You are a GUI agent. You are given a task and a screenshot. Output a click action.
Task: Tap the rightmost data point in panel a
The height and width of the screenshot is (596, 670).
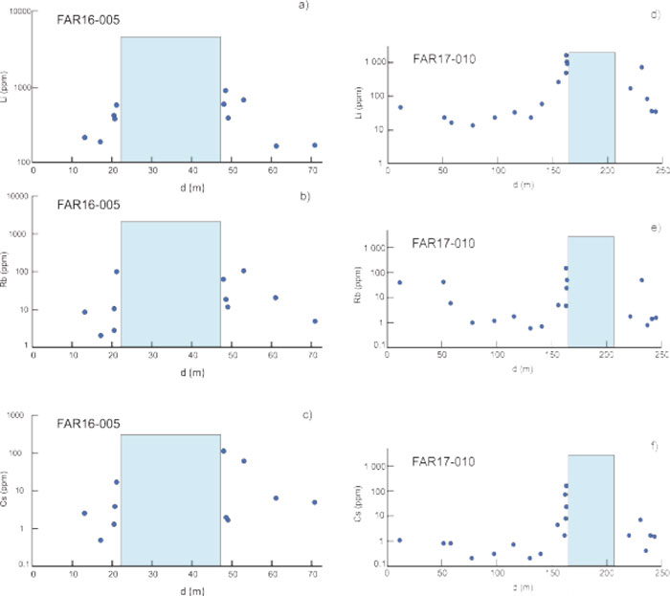coord(314,145)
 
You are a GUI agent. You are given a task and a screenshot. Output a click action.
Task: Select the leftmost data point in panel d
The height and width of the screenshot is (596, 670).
coord(400,107)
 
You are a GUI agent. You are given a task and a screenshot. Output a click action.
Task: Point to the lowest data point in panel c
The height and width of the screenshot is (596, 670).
coord(100,541)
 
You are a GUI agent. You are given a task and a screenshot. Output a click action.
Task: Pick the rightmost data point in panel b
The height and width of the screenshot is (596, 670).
coord(314,321)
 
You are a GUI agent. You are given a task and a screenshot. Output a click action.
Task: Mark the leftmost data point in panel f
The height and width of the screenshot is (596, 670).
coord(399,541)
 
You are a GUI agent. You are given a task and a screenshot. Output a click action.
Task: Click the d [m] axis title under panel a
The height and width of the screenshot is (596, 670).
coord(171,184)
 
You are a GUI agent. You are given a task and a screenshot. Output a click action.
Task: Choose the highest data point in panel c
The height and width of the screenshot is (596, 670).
coord(223,451)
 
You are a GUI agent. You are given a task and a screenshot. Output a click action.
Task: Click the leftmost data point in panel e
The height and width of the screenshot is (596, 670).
coord(400,282)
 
